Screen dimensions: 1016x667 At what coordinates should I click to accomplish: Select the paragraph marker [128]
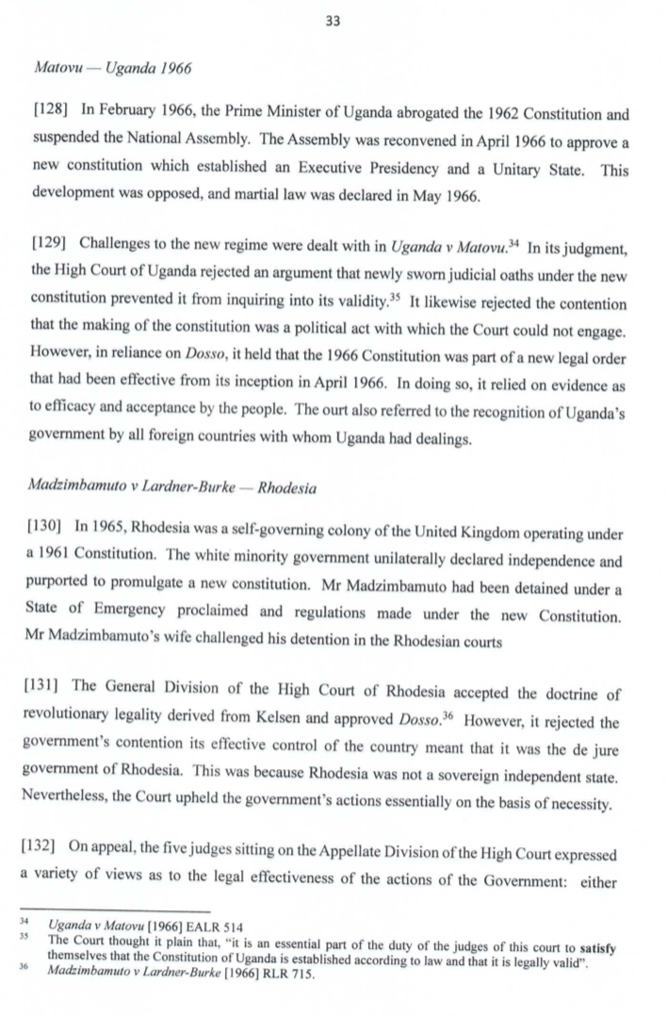coord(46,115)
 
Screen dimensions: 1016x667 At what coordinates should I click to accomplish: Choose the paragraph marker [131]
coord(46,695)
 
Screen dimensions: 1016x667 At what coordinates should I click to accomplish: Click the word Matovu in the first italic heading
coord(54,70)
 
